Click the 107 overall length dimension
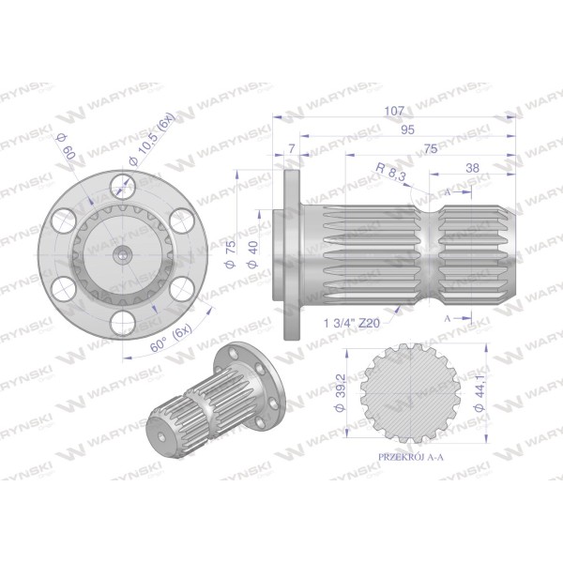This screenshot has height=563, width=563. pyautogui.click(x=394, y=111)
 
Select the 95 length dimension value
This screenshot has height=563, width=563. pyautogui.click(x=407, y=129)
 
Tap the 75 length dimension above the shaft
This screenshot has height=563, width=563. pyautogui.click(x=431, y=148)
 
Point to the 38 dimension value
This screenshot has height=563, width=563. pyautogui.click(x=473, y=168)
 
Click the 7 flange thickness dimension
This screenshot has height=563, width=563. pyautogui.click(x=292, y=148)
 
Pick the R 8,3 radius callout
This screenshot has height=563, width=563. pyautogui.click(x=390, y=172)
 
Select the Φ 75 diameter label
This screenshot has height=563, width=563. pyautogui.click(x=231, y=254)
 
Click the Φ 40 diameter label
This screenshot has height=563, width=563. pyautogui.click(x=252, y=254)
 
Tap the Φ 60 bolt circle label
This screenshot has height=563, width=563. pyautogui.click(x=67, y=147)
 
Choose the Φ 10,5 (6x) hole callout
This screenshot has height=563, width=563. pyautogui.click(x=152, y=139)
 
